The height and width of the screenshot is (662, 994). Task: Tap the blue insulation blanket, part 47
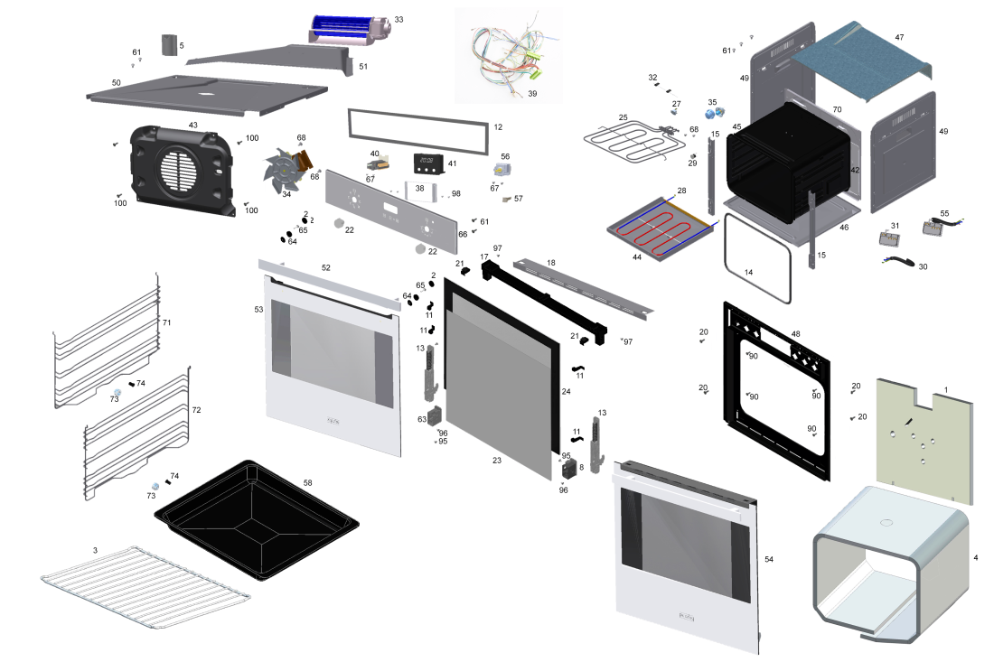[x=858, y=54]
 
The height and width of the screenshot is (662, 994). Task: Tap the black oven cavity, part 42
[x=791, y=163]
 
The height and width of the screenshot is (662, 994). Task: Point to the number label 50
[x=117, y=82]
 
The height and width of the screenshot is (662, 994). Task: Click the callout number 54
[x=769, y=560]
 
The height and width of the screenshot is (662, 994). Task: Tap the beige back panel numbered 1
[x=926, y=438]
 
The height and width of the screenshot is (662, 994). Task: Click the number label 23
[x=496, y=461]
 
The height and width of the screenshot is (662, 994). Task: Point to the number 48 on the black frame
[x=795, y=334]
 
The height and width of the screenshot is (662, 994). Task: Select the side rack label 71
[x=166, y=322]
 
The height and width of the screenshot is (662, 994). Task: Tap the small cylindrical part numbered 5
[x=168, y=45]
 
